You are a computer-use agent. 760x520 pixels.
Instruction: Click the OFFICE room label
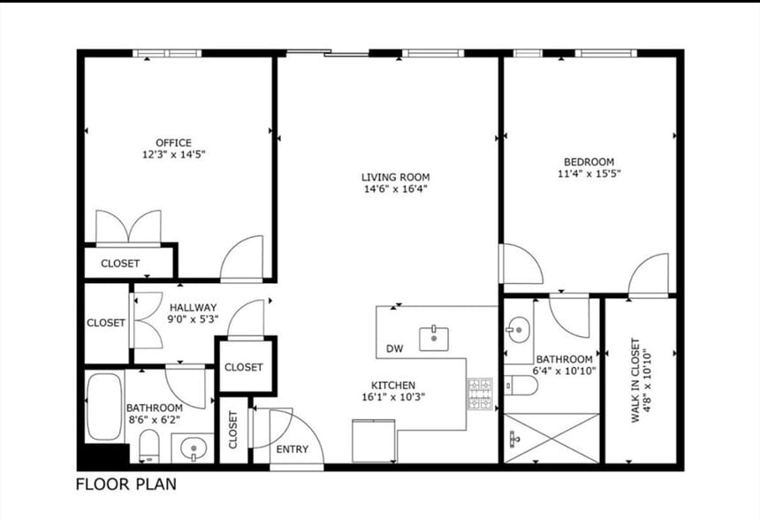(173, 142)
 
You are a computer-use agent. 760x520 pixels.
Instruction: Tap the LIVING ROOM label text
(396, 177)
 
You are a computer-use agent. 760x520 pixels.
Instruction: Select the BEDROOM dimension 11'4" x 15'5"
(589, 173)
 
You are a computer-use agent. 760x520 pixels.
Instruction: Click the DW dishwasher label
(394, 348)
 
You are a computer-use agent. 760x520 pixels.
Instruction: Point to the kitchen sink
(434, 339)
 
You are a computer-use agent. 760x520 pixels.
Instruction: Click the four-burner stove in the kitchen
(480, 394)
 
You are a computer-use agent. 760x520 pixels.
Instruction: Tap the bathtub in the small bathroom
(104, 408)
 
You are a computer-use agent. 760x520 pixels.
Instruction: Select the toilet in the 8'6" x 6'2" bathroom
(149, 446)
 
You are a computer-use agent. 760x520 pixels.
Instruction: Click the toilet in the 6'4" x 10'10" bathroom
(521, 386)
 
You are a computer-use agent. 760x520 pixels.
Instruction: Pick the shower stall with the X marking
(551, 438)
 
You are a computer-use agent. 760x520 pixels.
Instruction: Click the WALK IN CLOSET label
(635, 380)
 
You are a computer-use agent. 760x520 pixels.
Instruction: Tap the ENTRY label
(293, 449)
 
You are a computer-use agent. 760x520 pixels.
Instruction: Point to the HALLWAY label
(193, 308)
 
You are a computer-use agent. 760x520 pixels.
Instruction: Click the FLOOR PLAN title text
(126, 484)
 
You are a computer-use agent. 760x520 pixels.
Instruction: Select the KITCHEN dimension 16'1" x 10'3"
(393, 397)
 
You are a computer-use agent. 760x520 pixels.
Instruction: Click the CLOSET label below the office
(120, 264)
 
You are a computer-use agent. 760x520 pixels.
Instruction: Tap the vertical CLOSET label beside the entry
(233, 430)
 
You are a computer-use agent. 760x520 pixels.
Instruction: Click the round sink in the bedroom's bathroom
(519, 330)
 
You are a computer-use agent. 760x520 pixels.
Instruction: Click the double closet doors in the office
(128, 227)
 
